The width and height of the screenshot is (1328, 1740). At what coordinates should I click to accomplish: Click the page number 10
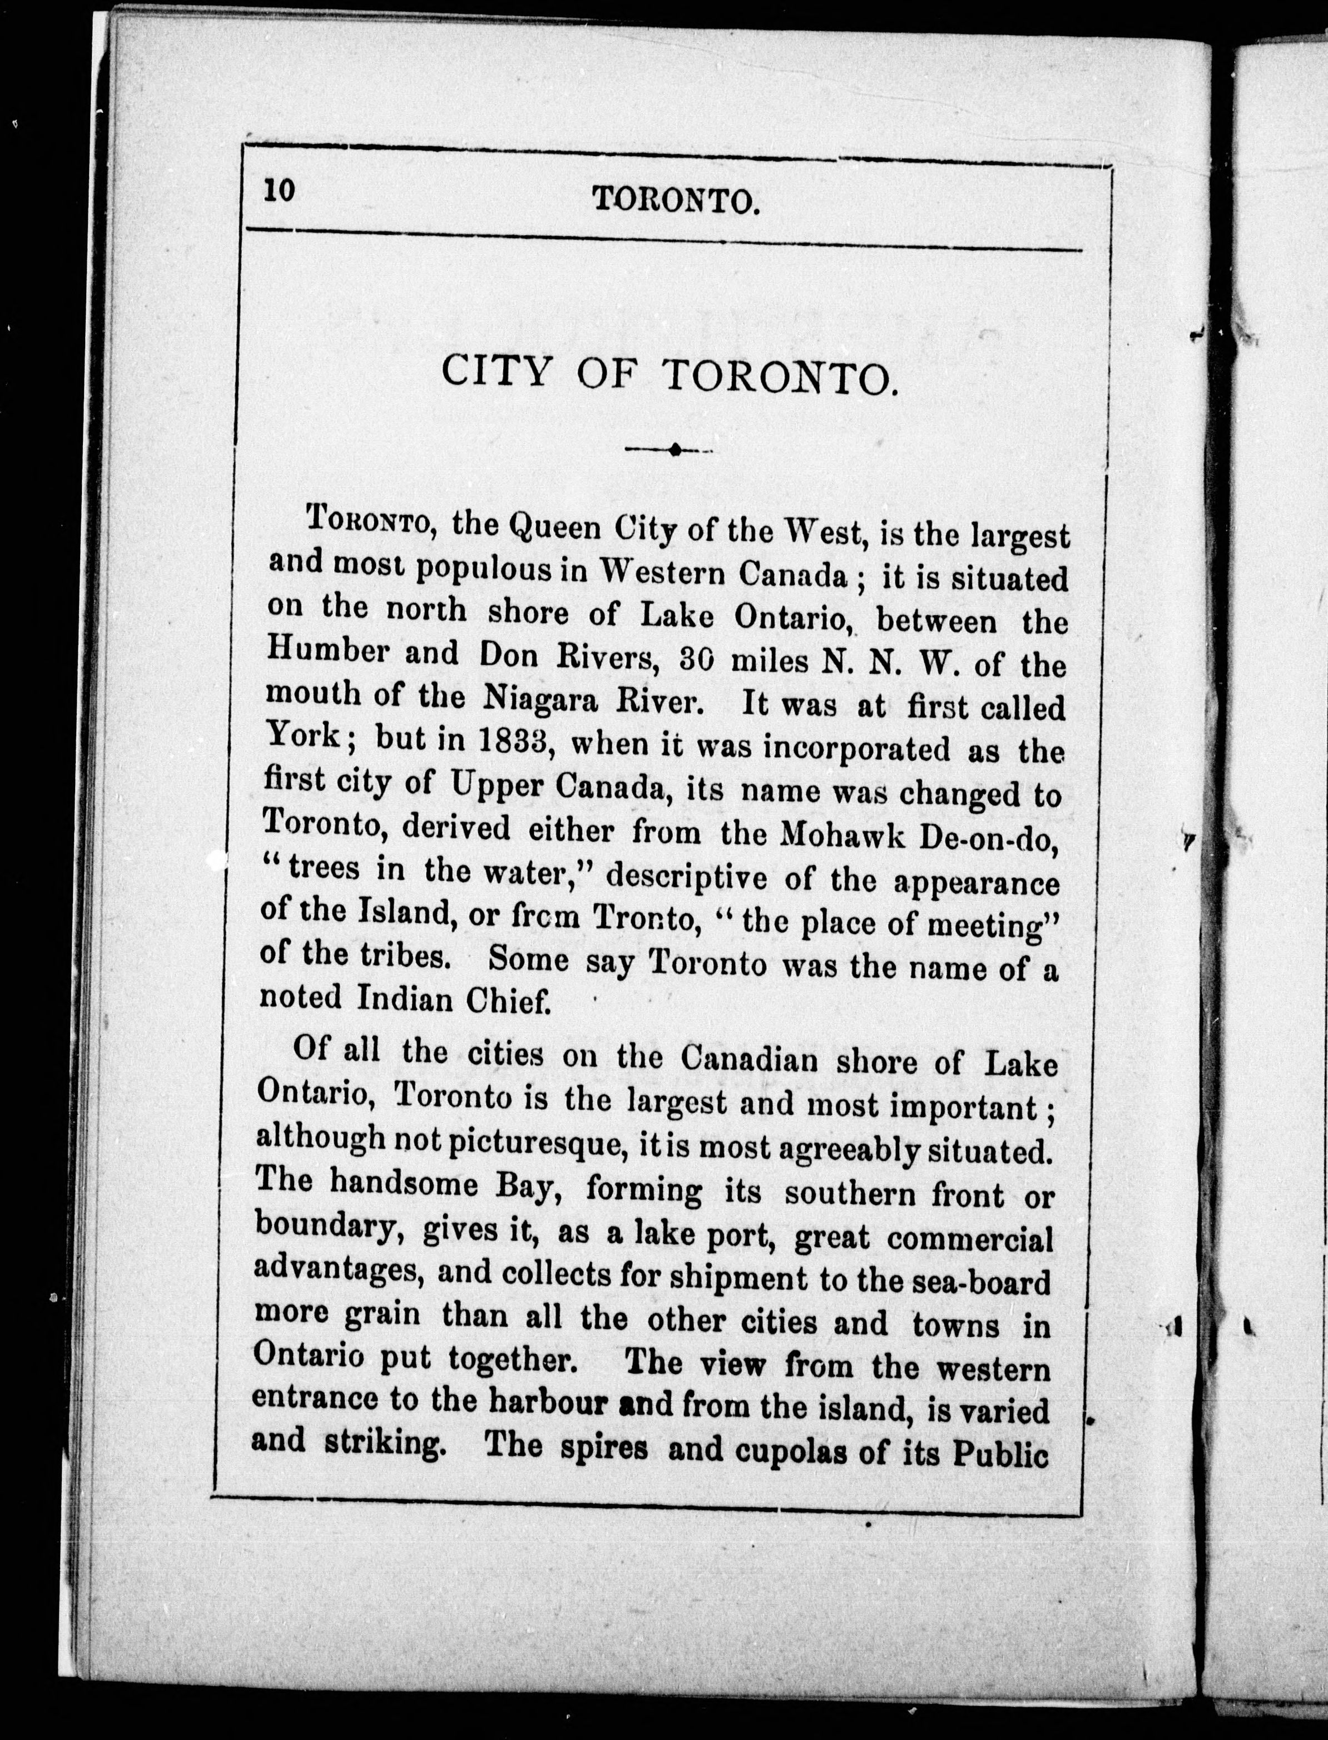[x=280, y=192]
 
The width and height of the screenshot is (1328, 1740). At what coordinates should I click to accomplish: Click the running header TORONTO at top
[x=676, y=201]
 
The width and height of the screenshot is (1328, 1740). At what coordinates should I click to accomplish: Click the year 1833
[x=517, y=741]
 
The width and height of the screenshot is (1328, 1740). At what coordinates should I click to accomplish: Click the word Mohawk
[x=842, y=835]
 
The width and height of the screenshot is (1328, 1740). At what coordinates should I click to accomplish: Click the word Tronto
[x=643, y=918]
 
